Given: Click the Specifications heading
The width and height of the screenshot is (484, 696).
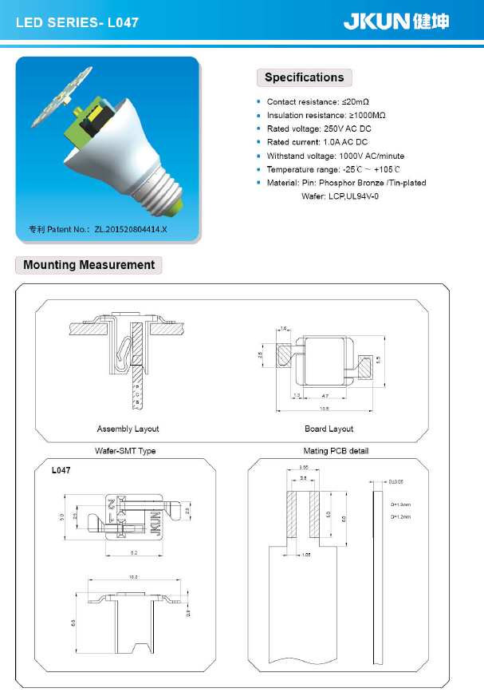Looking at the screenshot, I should point(304,77).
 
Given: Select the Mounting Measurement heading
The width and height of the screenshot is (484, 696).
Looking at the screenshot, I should point(89,265).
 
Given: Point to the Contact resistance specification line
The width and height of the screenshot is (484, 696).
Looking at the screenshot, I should point(317,102).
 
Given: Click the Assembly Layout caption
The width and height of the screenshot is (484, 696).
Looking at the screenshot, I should point(128,429).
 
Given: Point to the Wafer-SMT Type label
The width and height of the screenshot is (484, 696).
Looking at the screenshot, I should point(125,451).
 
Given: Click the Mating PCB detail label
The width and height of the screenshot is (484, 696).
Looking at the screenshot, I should point(336,451).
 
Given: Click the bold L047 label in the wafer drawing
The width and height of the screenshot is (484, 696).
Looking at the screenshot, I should point(61,471).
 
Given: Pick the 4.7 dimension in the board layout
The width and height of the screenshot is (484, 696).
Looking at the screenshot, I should point(325,396).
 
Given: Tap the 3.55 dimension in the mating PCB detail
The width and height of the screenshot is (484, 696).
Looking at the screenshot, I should point(304,467).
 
